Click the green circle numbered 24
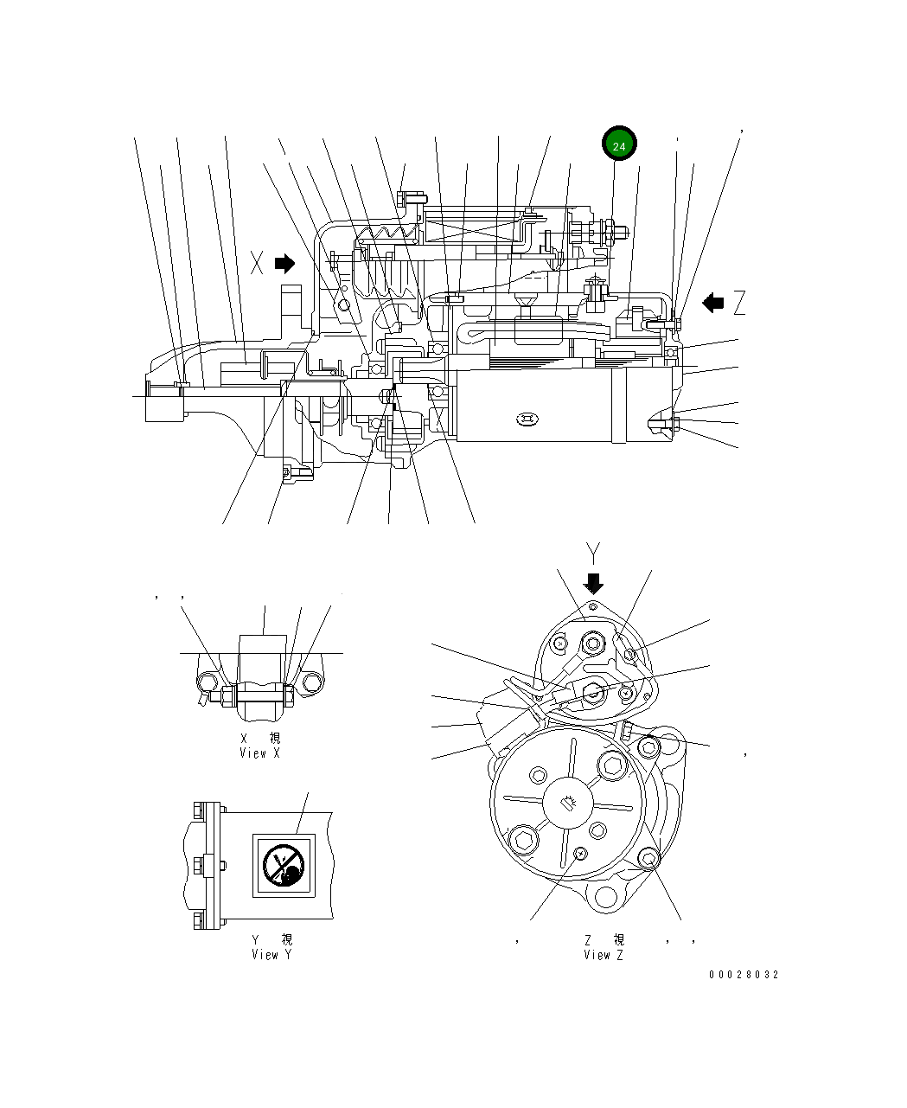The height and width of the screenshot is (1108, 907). point(619,146)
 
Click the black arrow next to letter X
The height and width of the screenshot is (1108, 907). point(284,263)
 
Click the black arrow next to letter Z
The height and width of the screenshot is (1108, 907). point(712,303)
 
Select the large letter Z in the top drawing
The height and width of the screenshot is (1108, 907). point(738,303)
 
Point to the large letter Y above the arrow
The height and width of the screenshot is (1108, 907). point(593,553)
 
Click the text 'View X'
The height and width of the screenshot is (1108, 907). point(259,753)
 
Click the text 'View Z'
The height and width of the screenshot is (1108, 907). point(603,955)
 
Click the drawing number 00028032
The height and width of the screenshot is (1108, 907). point(743,975)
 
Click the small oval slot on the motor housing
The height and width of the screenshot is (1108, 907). point(527,420)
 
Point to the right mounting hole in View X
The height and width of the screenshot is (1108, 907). point(310,683)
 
